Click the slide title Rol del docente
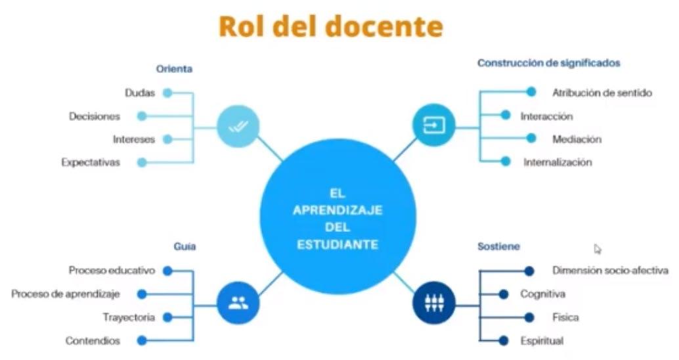coord(330,27)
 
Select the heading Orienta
coord(174,68)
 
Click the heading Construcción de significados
coord(549,64)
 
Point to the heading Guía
coord(185,247)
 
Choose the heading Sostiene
coord(498,246)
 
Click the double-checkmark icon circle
coord(238,125)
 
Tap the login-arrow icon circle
coord(433,125)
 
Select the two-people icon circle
coord(238,304)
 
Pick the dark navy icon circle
coord(434,303)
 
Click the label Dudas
coord(140,93)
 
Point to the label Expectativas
coord(91,162)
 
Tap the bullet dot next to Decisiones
coord(142,116)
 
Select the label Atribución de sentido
coord(602,93)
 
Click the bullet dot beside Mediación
coord(531,139)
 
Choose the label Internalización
coord(558,162)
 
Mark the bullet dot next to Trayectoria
coord(167,317)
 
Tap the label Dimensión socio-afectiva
coord(610,270)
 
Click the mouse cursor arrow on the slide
coord(597,248)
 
